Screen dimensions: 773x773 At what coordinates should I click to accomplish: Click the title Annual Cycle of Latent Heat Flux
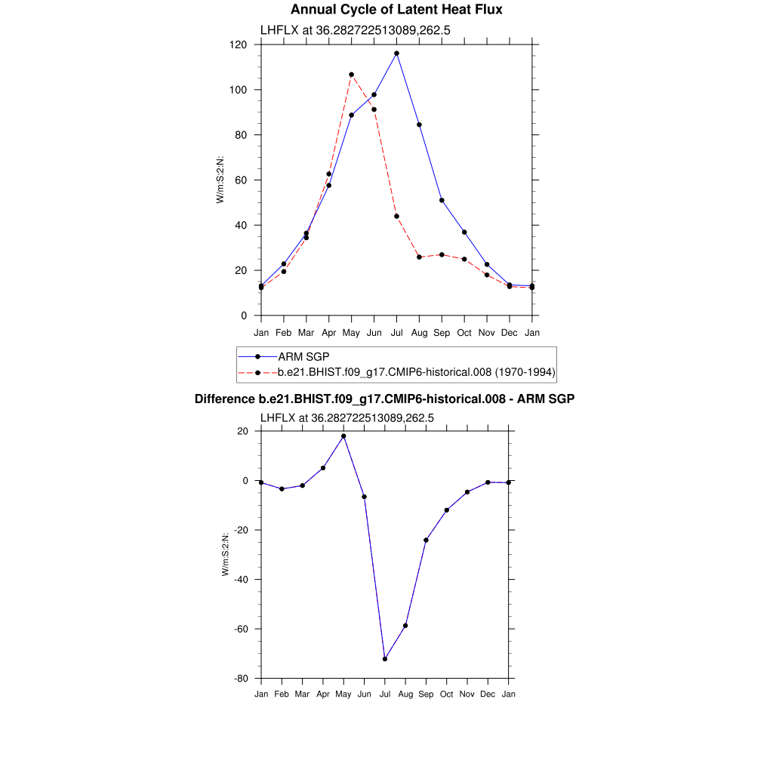coord(396,10)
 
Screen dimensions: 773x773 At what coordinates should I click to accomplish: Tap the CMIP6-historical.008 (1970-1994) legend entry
coord(417,372)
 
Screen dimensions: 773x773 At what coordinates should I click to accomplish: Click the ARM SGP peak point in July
coord(396,54)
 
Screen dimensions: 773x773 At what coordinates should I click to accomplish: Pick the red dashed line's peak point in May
coord(351,75)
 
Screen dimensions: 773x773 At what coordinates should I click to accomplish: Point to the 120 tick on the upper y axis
coord(239,45)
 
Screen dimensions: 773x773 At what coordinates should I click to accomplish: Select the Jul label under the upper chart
coord(396,332)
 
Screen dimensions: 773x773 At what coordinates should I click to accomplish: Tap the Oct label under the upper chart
coord(464,332)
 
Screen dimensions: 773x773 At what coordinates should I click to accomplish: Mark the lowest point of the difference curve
coord(385,659)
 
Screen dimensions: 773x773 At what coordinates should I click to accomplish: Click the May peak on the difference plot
coord(343,436)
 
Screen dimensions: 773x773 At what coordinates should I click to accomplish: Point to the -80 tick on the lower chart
coord(242,679)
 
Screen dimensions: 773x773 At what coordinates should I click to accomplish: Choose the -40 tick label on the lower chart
coord(242,580)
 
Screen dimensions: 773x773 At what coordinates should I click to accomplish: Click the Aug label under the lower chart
coord(405,694)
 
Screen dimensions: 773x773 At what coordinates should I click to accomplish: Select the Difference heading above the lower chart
coord(385,399)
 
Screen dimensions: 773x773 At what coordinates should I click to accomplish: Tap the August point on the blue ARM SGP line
coord(419,125)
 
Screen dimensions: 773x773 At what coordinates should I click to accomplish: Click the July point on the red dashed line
coord(396,217)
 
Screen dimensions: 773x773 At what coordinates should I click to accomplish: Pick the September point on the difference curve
coord(426,540)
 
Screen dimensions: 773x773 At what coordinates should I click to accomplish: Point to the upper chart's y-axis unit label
coord(220,180)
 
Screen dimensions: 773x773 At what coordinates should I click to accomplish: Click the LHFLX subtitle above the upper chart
coord(356,30)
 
